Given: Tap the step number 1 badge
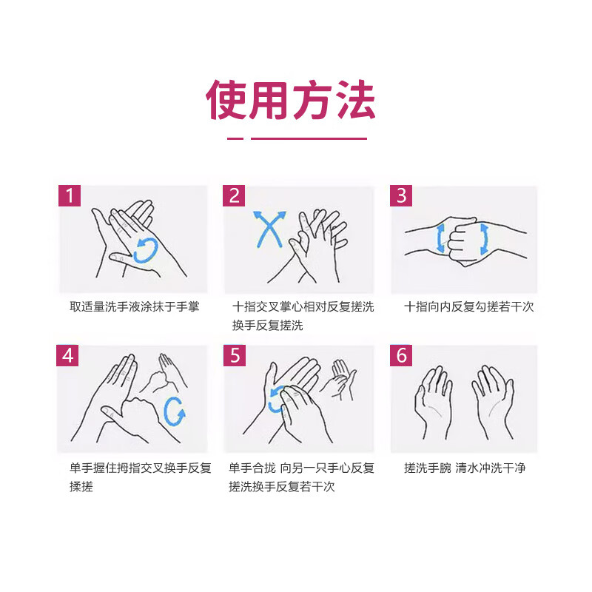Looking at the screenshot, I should point(70,196).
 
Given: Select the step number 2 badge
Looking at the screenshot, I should point(235,196).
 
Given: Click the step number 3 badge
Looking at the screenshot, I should point(402,196).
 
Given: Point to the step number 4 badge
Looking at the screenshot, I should point(69,355).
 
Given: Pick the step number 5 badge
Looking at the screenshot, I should point(235,355).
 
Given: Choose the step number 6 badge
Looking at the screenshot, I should point(402,355).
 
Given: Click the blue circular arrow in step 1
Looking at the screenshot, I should point(146,250).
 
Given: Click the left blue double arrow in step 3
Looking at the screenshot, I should point(441,239).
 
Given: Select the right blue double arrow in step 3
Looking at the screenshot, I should point(484,239).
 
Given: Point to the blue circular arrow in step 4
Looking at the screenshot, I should point(175,411).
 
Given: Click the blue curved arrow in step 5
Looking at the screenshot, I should point(277,400).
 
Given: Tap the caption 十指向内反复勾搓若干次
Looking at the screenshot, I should point(468,306).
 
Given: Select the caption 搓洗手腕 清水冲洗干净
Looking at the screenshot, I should point(465,468).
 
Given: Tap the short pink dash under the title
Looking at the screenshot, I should point(235,138).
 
